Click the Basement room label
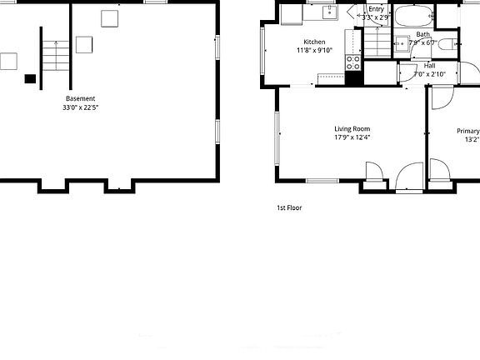tap(80, 98)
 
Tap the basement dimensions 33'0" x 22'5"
tap(80, 107)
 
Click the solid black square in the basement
tap(30, 78)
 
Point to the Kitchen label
tap(314, 42)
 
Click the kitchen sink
tap(329, 11)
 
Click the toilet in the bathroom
tap(445, 45)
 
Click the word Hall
tap(429, 65)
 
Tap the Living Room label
tap(352, 128)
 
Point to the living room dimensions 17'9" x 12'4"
tap(352, 137)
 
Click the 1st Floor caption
tap(289, 207)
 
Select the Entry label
tap(376, 9)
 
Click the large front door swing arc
tap(409, 177)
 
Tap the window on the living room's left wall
tap(278, 134)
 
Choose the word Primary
tap(467, 131)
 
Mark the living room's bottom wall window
tap(322, 181)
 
